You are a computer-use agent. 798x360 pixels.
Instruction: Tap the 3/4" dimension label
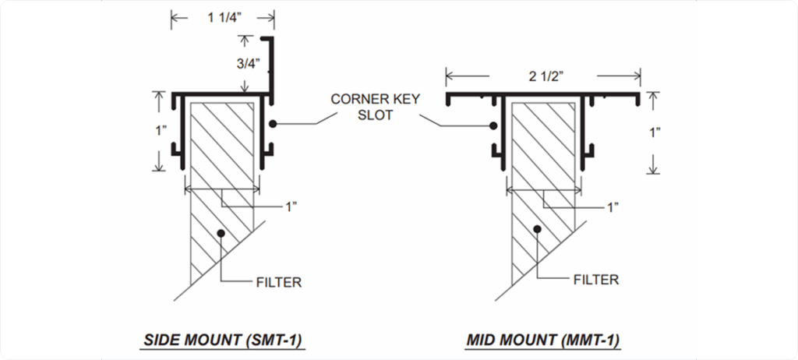pyautogui.click(x=248, y=64)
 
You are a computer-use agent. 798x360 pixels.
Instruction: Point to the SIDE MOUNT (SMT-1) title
pyautogui.click(x=223, y=340)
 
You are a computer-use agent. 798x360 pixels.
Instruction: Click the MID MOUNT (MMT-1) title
pyautogui.click(x=543, y=340)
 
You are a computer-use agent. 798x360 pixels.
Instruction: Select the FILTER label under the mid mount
pyautogui.click(x=595, y=280)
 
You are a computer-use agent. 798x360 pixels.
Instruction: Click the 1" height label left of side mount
pyautogui.click(x=161, y=130)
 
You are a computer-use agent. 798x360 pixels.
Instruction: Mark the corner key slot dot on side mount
pyautogui.click(x=273, y=124)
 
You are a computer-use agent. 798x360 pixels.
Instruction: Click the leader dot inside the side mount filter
pyautogui.click(x=222, y=232)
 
